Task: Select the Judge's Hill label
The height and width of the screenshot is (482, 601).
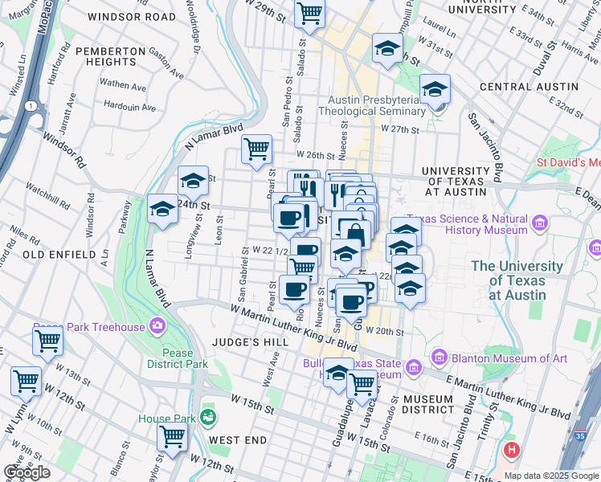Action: (x=243, y=341)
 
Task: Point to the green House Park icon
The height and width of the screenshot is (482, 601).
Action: (x=209, y=416)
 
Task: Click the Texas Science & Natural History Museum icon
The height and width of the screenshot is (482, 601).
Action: (x=539, y=221)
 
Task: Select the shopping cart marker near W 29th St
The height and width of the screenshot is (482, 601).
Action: (x=309, y=12)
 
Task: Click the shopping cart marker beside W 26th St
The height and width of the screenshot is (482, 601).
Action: (x=256, y=148)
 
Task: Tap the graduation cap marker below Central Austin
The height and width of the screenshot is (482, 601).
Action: (x=435, y=88)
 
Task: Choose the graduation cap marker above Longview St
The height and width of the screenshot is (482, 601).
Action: (x=193, y=182)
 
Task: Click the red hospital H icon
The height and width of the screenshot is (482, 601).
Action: (x=511, y=450)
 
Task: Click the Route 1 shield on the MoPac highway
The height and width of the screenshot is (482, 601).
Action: (x=30, y=106)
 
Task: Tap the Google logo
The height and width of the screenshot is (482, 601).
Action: (x=27, y=472)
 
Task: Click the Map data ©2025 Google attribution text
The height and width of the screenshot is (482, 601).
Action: (x=551, y=476)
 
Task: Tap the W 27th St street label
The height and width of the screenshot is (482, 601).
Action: (x=402, y=129)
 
